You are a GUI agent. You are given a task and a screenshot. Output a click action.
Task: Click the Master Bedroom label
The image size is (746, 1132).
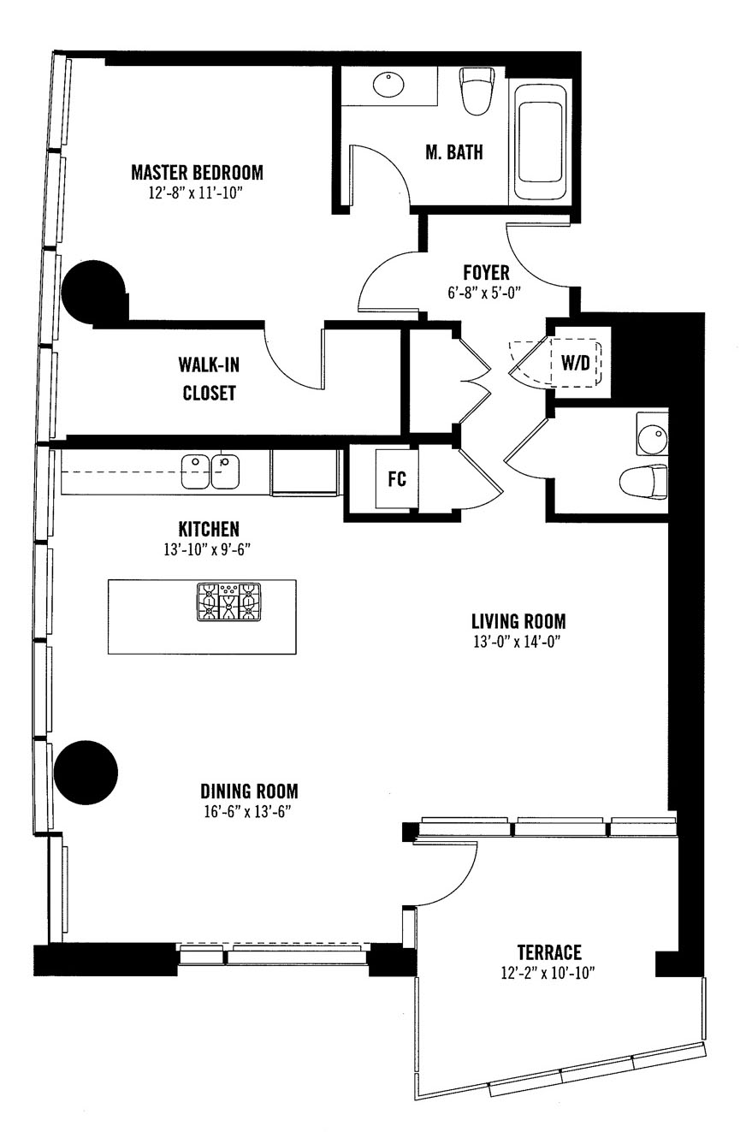tap(197, 172)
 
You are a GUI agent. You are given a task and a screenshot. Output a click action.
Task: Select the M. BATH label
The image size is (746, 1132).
tap(454, 152)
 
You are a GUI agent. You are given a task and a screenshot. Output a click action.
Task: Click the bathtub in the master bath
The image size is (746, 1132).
tap(541, 143)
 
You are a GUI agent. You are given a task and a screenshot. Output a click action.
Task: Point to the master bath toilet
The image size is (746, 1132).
tap(476, 92)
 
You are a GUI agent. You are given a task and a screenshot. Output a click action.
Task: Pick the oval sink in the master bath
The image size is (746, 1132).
tap(388, 85)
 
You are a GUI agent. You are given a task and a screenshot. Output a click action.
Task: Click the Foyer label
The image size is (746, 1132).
tap(486, 272)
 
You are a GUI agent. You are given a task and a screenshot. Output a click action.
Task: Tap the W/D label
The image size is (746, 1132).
tap(575, 362)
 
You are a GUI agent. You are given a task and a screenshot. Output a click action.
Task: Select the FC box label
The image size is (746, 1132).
tap(397, 478)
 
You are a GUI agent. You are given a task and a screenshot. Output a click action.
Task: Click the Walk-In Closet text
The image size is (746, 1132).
tap(209, 378)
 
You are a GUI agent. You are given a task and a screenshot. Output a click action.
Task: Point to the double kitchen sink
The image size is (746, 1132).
tap(210, 472)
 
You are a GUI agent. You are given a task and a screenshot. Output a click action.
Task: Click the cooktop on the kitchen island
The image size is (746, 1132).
tap(229, 602)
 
